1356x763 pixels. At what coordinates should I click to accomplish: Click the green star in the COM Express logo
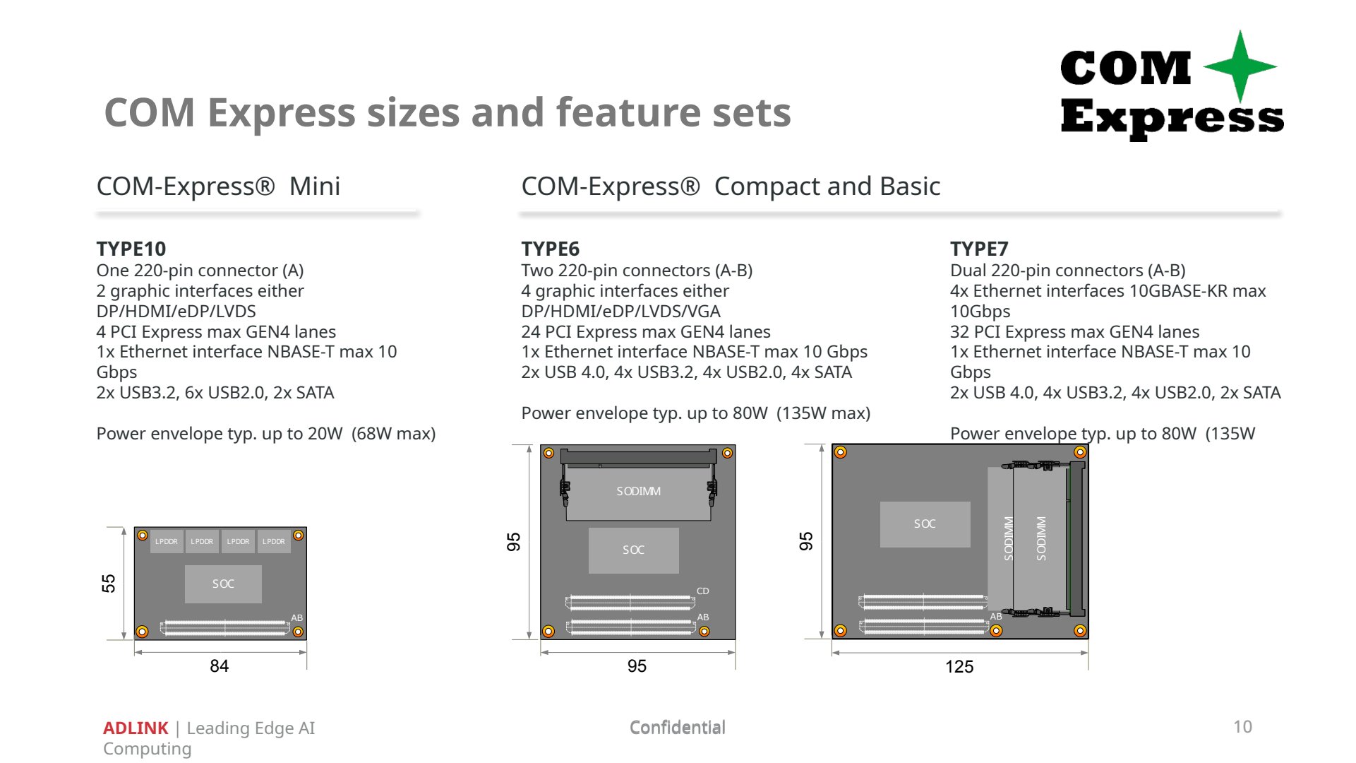coord(1240,67)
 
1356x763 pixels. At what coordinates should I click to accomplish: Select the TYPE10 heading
coord(131,249)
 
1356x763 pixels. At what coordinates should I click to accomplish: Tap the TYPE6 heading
coord(551,249)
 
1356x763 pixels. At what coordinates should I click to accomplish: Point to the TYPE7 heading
coord(979,249)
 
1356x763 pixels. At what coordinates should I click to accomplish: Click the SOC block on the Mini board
coord(223,584)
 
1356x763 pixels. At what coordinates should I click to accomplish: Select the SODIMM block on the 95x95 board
coord(638,492)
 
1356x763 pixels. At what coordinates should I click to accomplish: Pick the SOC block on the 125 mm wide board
coord(925,524)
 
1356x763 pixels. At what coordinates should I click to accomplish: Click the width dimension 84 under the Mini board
coord(220,666)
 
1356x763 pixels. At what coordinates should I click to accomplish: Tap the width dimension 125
coord(959,667)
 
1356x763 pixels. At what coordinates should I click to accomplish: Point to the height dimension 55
coord(109,584)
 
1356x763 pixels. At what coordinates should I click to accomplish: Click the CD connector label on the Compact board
coord(703,591)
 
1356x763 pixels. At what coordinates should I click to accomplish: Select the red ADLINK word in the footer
coord(136,728)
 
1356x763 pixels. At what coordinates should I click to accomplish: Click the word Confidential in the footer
coord(678,728)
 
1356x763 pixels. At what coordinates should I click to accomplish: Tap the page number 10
coord(1243,727)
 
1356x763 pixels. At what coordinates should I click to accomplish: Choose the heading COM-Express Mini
coord(218,187)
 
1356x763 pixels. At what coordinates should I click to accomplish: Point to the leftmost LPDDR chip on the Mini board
coord(167,541)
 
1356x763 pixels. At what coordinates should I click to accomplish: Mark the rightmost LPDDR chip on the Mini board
coord(274,541)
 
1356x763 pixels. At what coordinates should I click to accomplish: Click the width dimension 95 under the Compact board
coord(637,666)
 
